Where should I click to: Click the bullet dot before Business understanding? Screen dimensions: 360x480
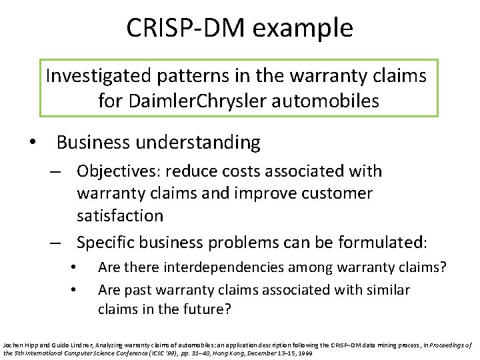point(31,143)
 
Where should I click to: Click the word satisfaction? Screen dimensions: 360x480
point(119,215)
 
